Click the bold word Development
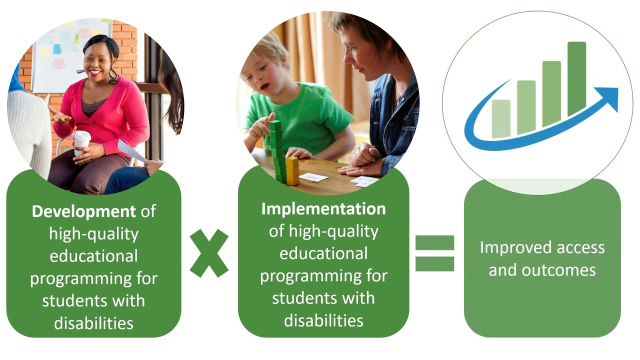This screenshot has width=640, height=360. [83, 211]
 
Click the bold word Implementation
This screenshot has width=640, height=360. [323, 209]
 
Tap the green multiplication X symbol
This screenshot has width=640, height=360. [209, 253]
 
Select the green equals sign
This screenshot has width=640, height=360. [434, 253]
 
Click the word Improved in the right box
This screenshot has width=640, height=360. [516, 247]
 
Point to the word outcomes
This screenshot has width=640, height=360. [559, 270]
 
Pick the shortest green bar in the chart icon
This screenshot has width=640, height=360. [501, 119]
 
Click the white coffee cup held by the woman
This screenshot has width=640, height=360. [82, 142]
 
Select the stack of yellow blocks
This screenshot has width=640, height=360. [292, 170]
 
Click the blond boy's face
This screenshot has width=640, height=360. [263, 75]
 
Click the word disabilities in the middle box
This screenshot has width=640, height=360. [323, 320]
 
